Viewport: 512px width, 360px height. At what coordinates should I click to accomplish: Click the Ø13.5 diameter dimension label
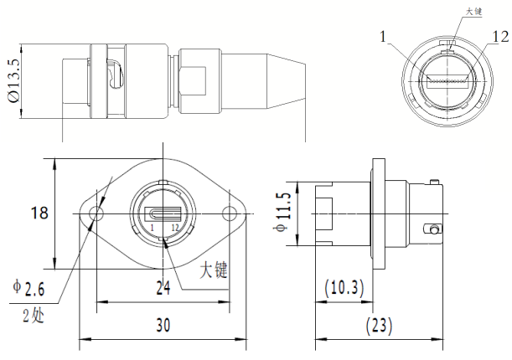pyautogui.click(x=13, y=80)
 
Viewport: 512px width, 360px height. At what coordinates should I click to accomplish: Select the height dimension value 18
pyautogui.click(x=39, y=213)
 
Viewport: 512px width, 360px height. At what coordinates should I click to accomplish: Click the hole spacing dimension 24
pyautogui.click(x=163, y=288)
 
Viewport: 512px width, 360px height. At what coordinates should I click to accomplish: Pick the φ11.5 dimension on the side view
pyautogui.click(x=282, y=215)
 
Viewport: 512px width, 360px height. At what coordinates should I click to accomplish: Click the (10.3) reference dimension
pyautogui.click(x=344, y=288)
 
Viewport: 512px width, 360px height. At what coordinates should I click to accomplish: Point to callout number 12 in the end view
pyautogui.click(x=500, y=37)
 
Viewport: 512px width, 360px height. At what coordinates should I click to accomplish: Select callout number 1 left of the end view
pyautogui.click(x=382, y=37)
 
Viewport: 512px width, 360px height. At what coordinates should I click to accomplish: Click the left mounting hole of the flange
pyautogui.click(x=96, y=214)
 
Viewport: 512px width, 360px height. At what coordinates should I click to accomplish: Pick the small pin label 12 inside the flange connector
pyautogui.click(x=174, y=228)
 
